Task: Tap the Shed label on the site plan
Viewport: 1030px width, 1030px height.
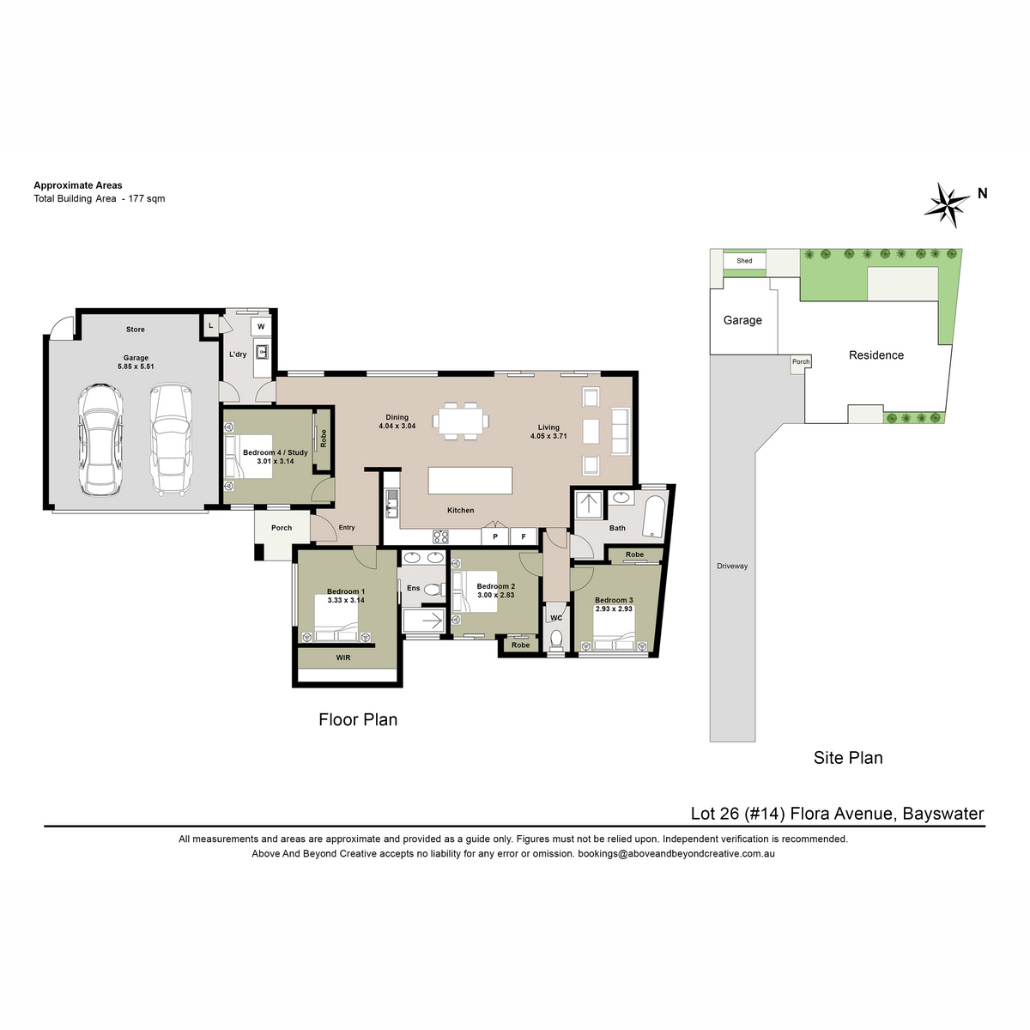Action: (744, 261)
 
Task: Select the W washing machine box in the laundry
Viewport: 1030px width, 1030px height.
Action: (261, 326)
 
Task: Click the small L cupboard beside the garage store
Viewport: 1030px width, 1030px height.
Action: (211, 325)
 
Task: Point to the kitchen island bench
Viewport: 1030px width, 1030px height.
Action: (470, 480)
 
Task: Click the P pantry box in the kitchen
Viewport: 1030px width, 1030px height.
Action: (495, 536)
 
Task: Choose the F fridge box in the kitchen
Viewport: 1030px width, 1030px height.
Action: (524, 536)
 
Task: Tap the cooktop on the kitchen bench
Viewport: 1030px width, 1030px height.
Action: (440, 536)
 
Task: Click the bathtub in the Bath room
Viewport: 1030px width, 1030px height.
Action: (654, 517)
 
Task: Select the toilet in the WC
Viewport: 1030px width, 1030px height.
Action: (556, 639)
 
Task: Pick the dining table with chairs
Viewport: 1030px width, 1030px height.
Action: (460, 421)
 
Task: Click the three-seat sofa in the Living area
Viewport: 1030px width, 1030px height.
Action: (620, 431)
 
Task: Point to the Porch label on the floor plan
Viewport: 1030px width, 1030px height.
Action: (282, 528)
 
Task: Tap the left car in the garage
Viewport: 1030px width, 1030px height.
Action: (100, 439)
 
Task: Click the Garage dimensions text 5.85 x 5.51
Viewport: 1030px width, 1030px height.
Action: (136, 367)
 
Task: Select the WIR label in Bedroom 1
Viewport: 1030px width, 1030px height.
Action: (343, 657)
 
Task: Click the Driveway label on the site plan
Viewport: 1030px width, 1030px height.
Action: (732, 566)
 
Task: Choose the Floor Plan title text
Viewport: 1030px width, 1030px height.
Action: (358, 719)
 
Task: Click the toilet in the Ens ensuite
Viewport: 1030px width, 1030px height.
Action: (433, 590)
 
